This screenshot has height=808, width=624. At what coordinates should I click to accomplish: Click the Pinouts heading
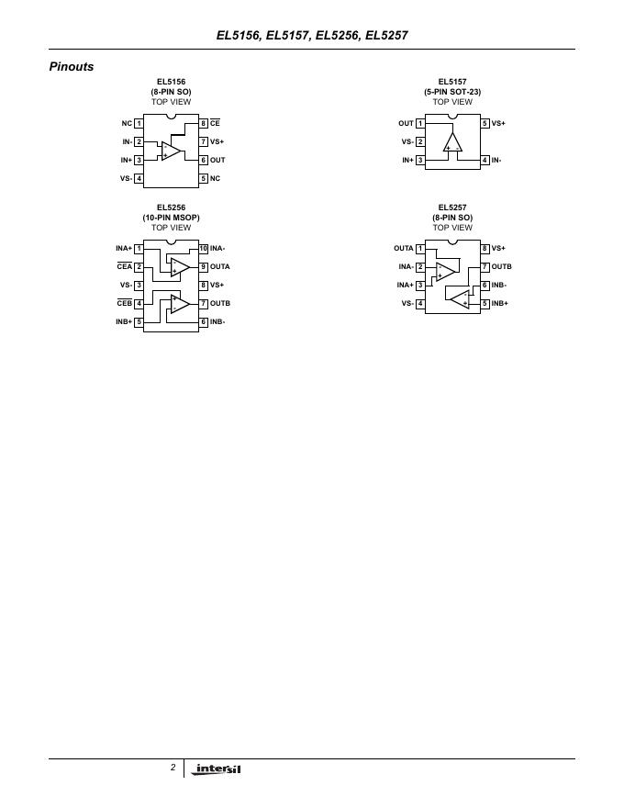tap(72, 67)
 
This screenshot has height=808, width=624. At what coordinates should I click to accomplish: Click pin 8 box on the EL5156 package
tap(203, 123)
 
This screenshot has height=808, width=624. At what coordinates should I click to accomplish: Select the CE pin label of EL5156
tap(215, 123)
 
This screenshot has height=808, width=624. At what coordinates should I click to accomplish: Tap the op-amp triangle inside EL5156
tap(171, 150)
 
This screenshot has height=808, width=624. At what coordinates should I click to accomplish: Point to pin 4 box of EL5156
tap(139, 178)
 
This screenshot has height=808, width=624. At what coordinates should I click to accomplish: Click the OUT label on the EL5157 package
tap(406, 123)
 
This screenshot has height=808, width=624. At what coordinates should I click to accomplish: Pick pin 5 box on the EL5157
tap(485, 123)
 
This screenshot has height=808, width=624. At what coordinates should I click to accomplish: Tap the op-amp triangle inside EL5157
tap(452, 142)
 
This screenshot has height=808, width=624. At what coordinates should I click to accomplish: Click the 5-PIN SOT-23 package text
tap(452, 92)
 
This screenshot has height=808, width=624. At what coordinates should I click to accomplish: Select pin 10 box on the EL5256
tap(203, 248)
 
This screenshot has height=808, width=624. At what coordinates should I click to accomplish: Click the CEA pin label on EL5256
tap(124, 266)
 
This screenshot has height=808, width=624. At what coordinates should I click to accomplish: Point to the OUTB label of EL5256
tap(220, 303)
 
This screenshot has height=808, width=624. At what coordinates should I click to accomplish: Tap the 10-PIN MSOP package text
tap(171, 218)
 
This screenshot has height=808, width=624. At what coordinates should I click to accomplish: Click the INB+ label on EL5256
tap(124, 322)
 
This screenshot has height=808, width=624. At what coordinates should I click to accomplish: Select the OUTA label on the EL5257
tap(404, 248)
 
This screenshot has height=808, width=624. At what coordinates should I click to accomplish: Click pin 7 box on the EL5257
tap(485, 266)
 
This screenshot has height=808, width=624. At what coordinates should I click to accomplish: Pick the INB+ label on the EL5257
tap(499, 303)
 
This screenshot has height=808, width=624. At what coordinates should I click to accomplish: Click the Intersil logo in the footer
tap(217, 769)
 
